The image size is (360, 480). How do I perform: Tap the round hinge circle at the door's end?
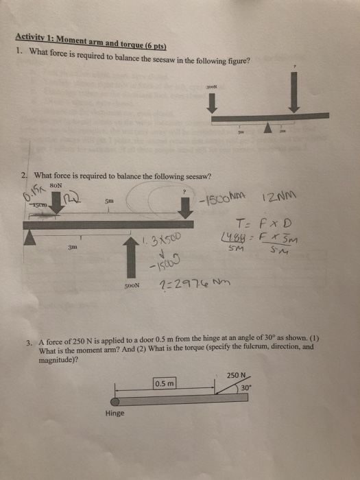pos(116,399)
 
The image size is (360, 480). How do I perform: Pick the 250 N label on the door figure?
pos(235,376)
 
